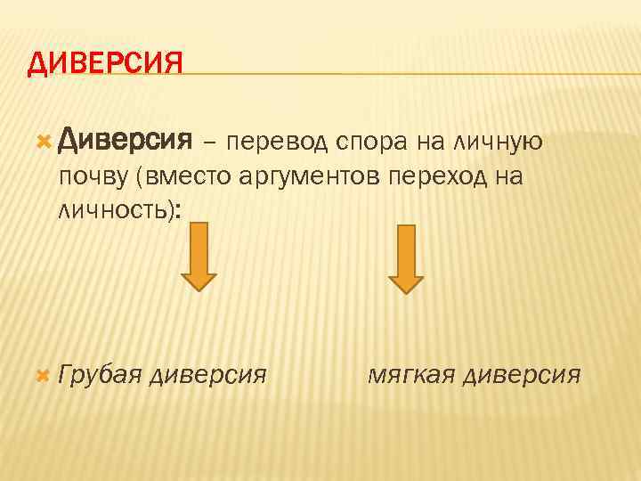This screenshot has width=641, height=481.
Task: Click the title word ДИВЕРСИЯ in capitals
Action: coord(105,64)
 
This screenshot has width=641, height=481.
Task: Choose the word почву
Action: coord(93,176)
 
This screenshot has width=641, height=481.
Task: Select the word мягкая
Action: coord(411,375)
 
